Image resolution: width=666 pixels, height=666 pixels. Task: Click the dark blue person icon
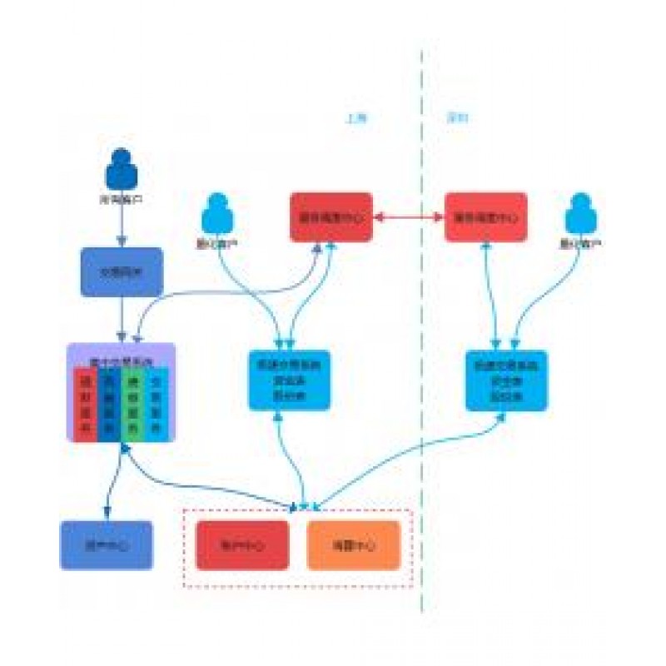point(122,169)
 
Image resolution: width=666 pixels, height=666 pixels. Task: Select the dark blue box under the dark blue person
point(122,271)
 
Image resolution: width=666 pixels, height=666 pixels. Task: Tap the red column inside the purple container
point(84,404)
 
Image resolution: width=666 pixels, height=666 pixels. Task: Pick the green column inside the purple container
point(132,404)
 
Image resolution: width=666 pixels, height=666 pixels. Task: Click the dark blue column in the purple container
point(108,404)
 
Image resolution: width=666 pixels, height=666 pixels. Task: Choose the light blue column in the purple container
point(157,404)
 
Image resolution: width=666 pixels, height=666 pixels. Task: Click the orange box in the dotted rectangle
point(354,545)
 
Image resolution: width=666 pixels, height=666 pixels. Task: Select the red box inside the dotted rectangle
point(242,545)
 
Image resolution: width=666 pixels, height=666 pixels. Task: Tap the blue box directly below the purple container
point(107,545)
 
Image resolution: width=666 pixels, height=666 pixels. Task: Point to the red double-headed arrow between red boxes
point(408,217)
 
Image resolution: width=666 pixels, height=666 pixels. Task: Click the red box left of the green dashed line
point(331,217)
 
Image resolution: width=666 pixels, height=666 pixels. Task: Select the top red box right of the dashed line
point(485,217)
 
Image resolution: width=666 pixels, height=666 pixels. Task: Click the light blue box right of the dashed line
point(506,380)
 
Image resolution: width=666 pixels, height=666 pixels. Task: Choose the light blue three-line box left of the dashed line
point(289,380)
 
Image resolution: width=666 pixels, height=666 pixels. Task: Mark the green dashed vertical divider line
point(422,333)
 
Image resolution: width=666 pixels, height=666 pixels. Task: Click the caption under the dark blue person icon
point(122,201)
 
